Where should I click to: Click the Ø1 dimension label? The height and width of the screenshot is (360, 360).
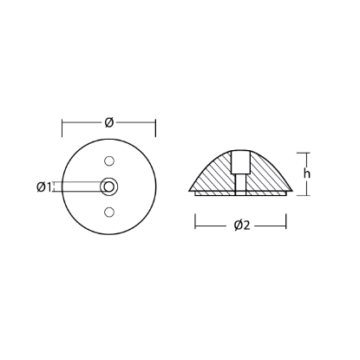(45, 186)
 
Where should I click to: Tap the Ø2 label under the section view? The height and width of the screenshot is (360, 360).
(241, 226)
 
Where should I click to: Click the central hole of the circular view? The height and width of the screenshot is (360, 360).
(109, 186)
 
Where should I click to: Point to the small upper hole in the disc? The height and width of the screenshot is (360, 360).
(109, 160)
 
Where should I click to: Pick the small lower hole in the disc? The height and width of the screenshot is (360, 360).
(109, 212)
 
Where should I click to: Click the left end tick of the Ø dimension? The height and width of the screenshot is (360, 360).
(62, 128)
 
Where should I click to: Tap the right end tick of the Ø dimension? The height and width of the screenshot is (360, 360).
(156, 128)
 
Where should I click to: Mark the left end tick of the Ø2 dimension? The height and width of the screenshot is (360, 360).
(194, 226)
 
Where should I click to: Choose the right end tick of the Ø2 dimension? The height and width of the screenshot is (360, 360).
(287, 226)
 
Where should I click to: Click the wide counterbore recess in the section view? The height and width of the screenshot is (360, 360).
(240, 162)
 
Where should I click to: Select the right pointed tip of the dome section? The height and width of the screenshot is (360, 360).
(292, 190)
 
